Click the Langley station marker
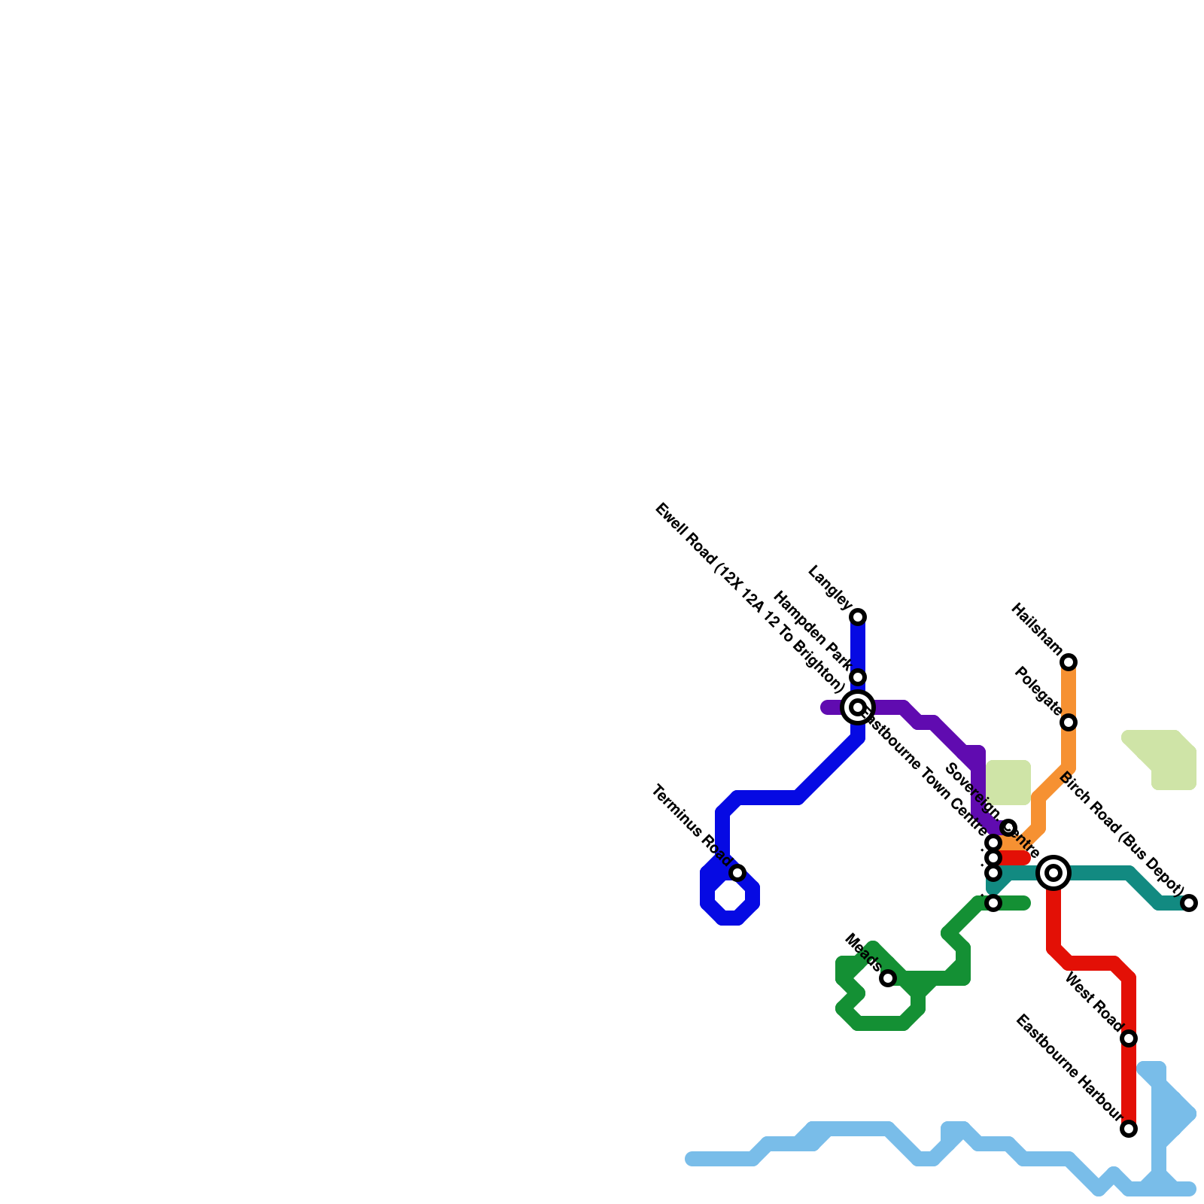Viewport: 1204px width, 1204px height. (858, 617)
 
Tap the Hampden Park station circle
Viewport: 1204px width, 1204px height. (858, 677)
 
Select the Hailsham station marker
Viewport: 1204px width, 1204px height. (1069, 662)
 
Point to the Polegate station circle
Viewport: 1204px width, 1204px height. (1069, 722)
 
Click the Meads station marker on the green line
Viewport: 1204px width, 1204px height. (888, 978)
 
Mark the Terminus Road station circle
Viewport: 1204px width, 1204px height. (737, 873)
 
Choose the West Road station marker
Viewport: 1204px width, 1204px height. (1129, 1038)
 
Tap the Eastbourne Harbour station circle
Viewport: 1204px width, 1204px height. (1129, 1129)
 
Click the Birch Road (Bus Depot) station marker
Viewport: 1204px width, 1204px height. (1189, 903)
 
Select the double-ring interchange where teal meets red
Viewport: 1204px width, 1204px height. (1053, 873)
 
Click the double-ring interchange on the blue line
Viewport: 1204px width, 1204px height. (858, 707)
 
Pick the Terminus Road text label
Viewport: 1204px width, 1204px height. (691, 825)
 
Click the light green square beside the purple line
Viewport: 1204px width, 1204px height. (1008, 783)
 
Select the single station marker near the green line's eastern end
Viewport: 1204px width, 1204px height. (993, 903)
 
